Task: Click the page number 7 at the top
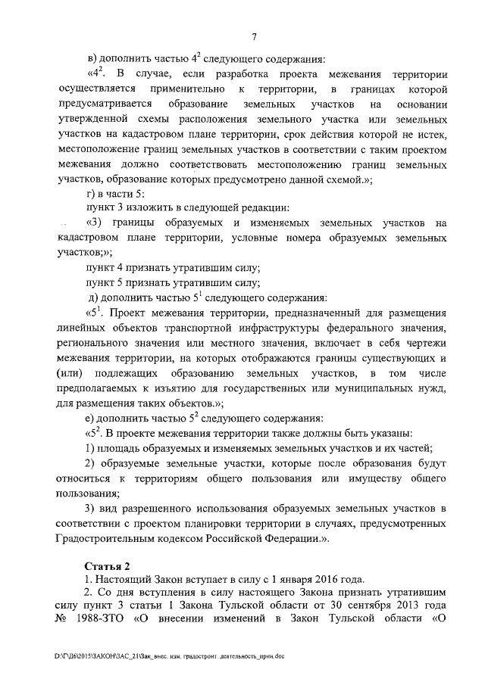254,39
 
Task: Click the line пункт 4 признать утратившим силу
174,268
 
